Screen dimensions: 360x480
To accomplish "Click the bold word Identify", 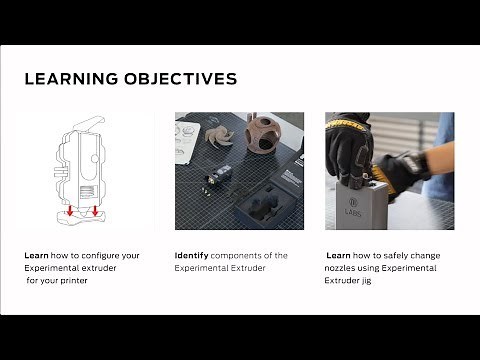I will point(190,255).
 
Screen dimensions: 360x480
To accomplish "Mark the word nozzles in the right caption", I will point(344,268).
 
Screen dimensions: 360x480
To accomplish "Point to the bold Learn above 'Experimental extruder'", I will point(36,255).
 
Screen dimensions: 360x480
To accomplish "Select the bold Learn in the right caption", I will point(338,255).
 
